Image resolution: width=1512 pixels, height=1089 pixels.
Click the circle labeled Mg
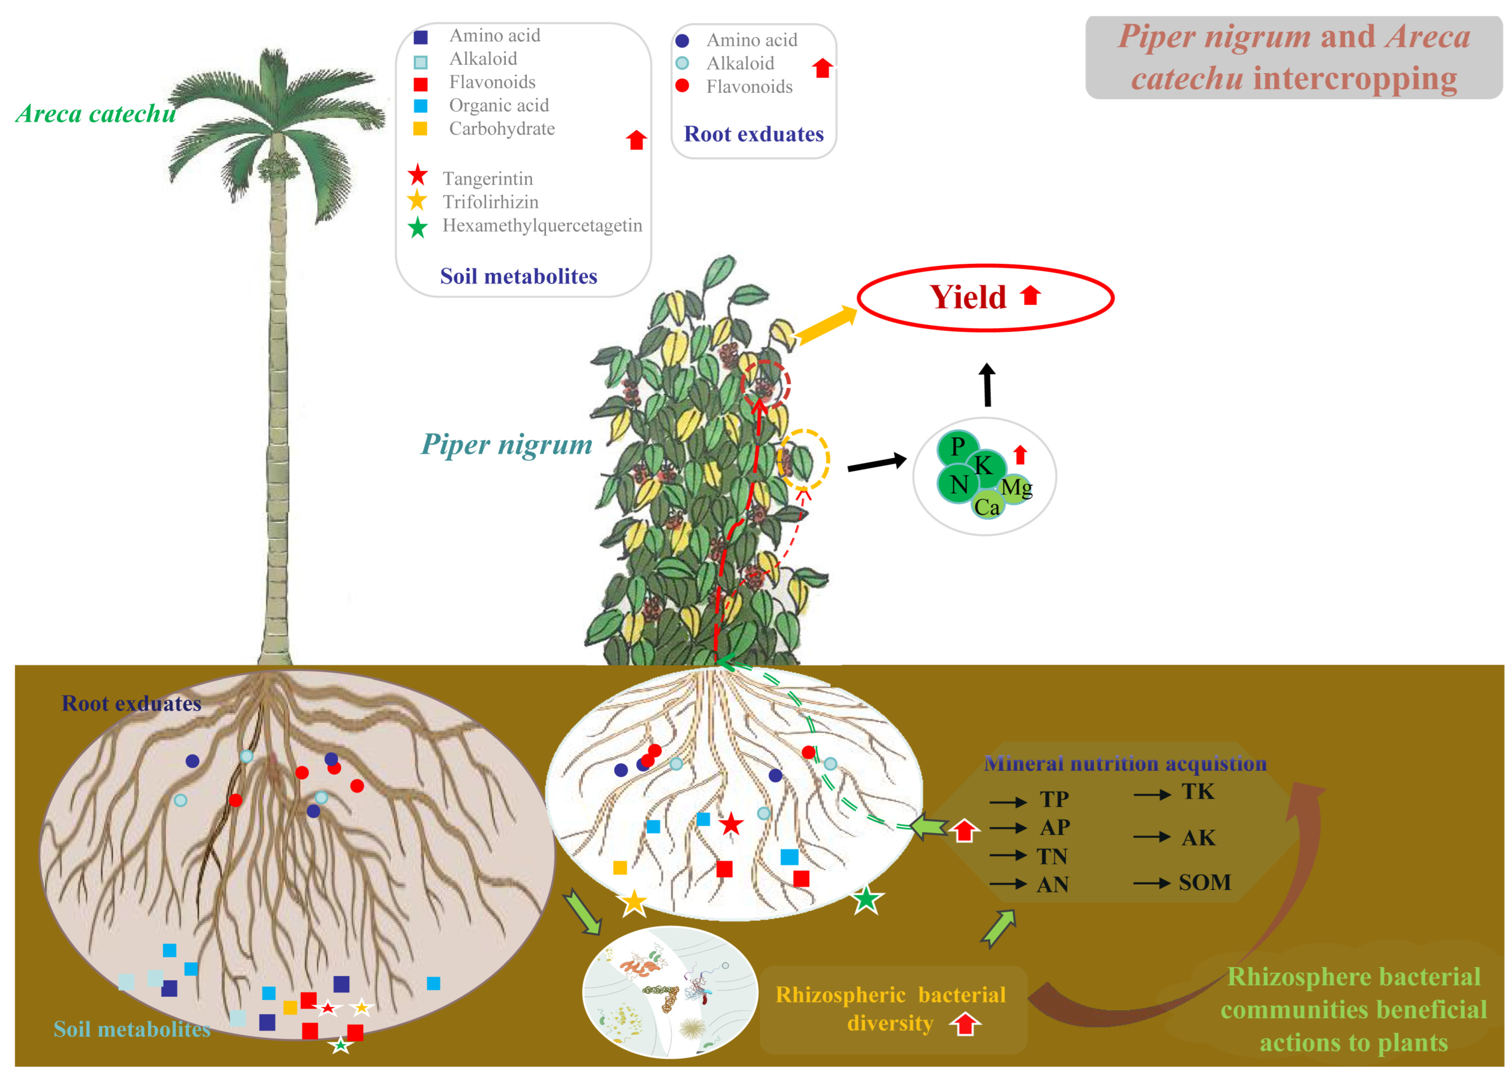point(1016,488)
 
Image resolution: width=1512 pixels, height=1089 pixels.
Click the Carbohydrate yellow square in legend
point(420,129)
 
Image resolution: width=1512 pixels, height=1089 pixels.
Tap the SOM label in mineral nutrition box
point(1204,883)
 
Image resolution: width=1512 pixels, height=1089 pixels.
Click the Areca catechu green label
point(96,114)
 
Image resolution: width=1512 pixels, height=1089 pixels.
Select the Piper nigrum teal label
point(507,444)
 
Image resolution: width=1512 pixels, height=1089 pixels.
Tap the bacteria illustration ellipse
point(670,992)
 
